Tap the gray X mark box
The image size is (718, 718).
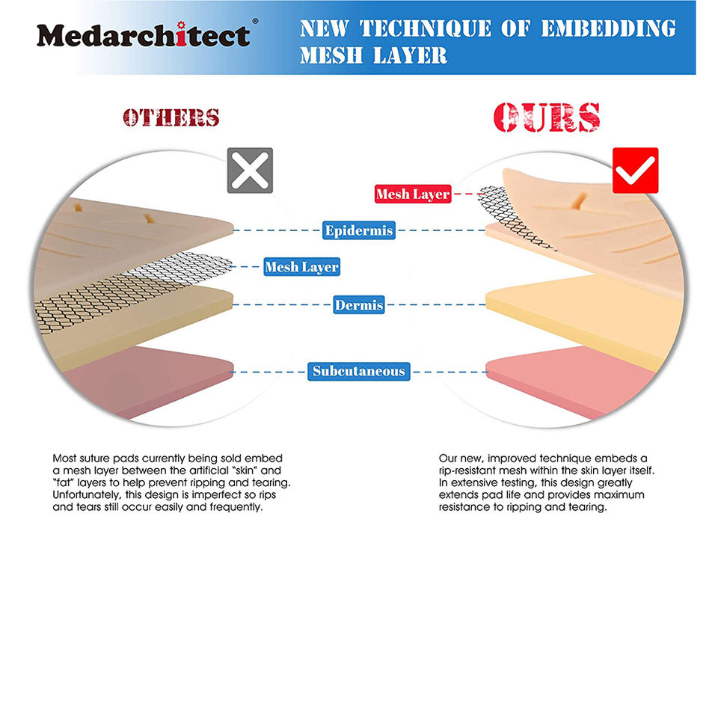(250, 171)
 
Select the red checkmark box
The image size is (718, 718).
(635, 171)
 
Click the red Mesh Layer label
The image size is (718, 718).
(413, 194)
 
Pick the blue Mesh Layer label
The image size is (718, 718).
(301, 267)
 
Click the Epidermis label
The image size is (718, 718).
(359, 230)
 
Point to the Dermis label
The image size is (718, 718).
(359, 305)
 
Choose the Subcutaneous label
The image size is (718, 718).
(359, 371)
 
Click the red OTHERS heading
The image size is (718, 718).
(171, 117)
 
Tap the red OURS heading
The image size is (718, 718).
(547, 117)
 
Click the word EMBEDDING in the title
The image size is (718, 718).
(608, 28)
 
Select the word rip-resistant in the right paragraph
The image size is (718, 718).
(470, 470)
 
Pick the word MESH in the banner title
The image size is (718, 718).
(333, 55)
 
